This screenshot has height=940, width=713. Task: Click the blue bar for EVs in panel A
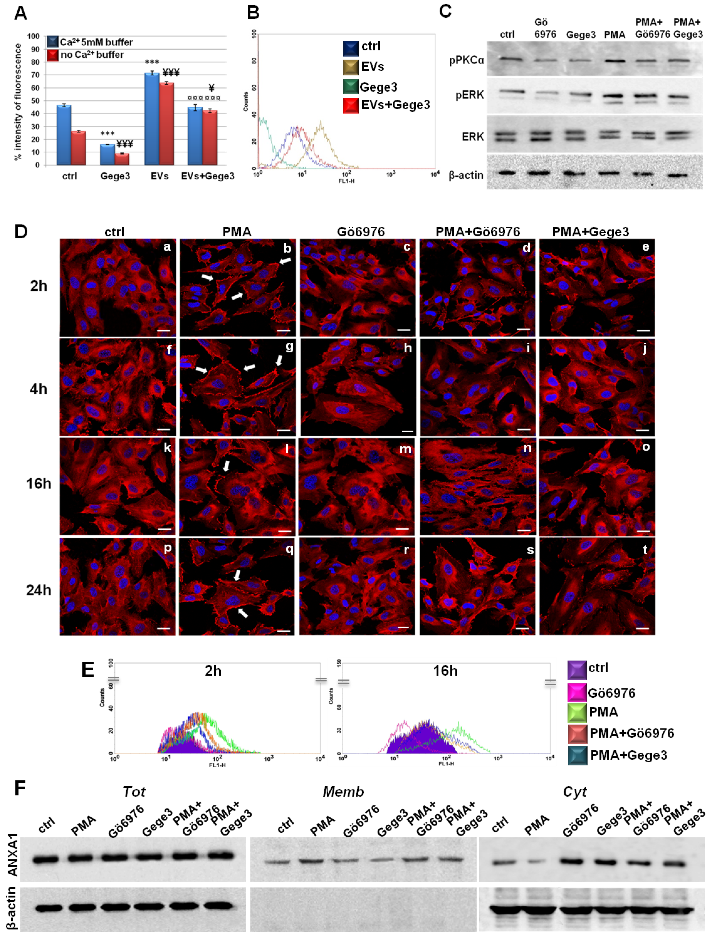[x=152, y=119]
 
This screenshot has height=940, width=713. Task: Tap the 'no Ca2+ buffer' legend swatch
[x=53, y=55]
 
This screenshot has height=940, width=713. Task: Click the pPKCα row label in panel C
[x=466, y=60]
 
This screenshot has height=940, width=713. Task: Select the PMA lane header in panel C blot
[x=614, y=35]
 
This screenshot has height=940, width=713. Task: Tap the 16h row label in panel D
[x=39, y=484]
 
